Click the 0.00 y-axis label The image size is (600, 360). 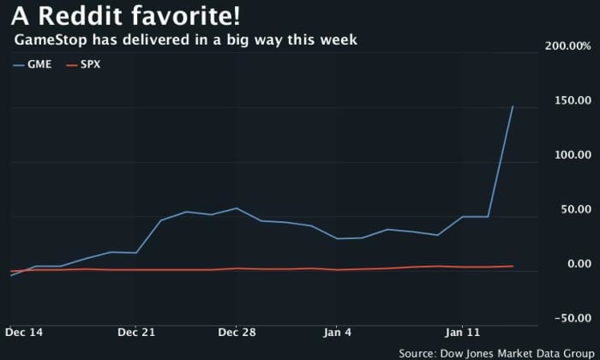pos(578,264)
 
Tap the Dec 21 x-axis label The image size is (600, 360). pos(135,332)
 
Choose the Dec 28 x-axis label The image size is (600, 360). pos(237,332)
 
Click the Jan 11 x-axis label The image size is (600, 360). pos(463,332)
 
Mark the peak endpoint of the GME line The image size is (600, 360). pos(513,106)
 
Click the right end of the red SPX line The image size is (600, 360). pos(513,266)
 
